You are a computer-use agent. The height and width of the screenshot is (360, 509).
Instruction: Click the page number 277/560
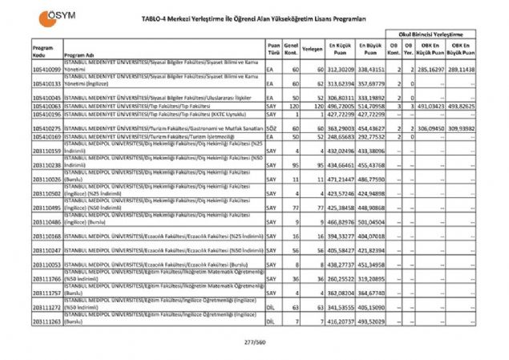click(254, 342)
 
